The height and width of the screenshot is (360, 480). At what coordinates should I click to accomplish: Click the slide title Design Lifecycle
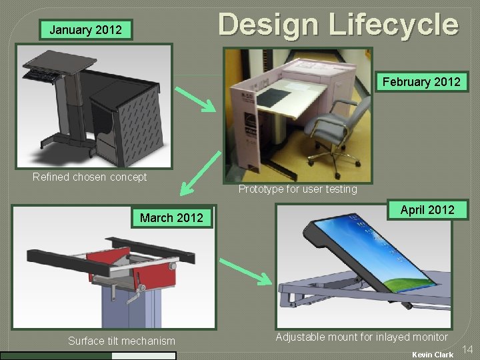point(338,25)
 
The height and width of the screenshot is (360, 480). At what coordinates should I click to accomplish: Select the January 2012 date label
point(86,29)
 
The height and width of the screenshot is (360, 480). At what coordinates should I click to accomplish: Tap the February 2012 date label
point(421,82)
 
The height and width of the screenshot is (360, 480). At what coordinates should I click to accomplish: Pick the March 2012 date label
point(171,218)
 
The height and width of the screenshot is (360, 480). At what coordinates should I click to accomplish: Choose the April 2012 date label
point(427,210)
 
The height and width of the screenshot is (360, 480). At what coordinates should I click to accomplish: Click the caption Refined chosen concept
point(89,177)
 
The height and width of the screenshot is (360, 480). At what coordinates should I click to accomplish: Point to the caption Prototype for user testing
point(297,189)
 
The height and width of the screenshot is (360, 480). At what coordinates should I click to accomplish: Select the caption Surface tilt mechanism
point(121,341)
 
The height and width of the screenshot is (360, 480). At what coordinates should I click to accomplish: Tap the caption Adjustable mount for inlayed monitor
point(361,337)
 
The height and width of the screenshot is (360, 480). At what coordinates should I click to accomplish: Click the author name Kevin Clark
point(432,355)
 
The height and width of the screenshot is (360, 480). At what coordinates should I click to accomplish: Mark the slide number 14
point(467,349)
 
